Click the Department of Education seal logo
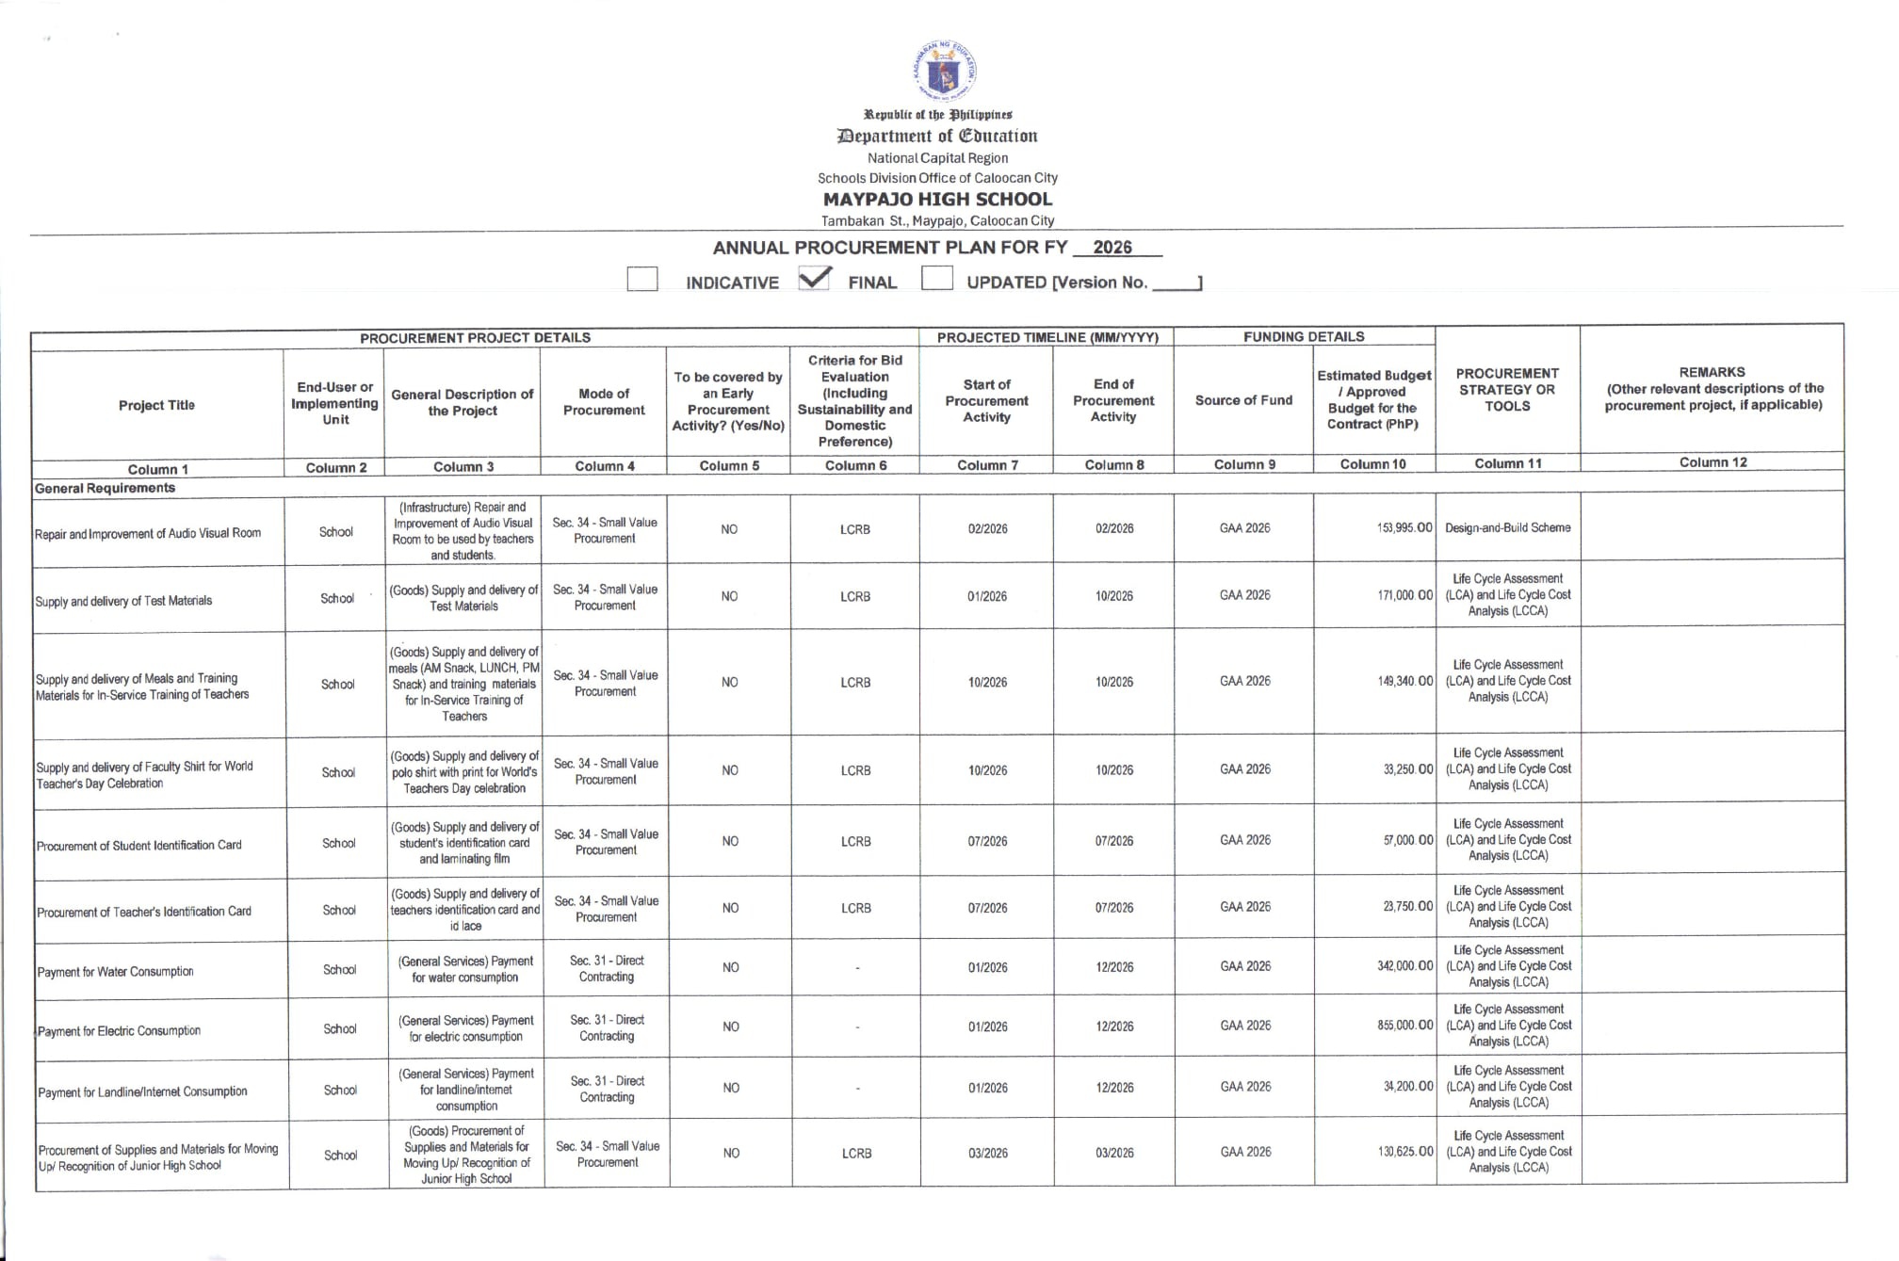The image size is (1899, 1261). click(945, 71)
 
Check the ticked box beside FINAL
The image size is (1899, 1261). click(814, 279)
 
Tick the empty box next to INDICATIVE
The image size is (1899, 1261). click(642, 280)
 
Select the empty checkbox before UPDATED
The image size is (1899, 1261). click(936, 279)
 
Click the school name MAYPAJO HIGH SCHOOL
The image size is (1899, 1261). click(937, 200)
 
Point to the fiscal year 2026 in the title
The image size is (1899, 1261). click(1112, 248)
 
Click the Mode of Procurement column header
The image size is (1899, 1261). click(604, 402)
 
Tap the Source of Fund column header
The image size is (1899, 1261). click(1243, 400)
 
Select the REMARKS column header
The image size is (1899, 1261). click(1712, 388)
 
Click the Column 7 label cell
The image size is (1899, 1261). click(987, 465)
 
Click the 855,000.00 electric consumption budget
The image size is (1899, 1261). click(1404, 1025)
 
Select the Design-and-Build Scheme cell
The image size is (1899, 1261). click(1507, 528)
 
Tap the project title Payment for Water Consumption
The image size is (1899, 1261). click(115, 972)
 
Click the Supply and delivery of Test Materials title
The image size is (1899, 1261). click(123, 601)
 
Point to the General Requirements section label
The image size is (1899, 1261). click(105, 488)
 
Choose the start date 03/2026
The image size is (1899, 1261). click(988, 1153)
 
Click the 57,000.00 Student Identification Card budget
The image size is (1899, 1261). click(1407, 840)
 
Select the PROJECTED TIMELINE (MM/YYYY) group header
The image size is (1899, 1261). click(1047, 337)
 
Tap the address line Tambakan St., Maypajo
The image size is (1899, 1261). click(937, 221)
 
